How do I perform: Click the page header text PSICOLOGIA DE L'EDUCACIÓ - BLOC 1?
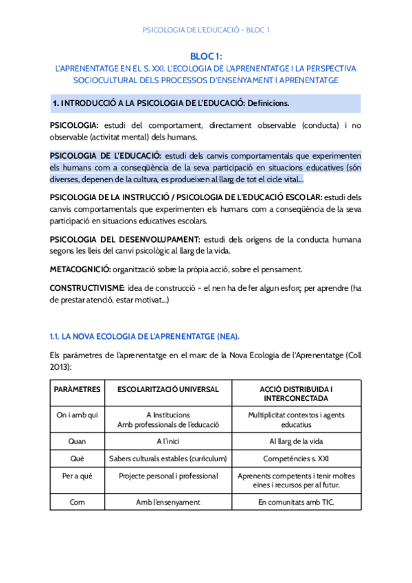[205, 30]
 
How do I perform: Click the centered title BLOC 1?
[205, 56]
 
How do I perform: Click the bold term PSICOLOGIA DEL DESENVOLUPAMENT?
[125, 239]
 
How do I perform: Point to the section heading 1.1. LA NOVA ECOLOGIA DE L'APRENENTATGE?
[144, 336]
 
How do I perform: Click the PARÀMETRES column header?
[78, 389]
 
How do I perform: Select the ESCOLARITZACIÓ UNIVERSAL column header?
[168, 389]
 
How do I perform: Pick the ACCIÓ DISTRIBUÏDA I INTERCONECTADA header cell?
[297, 393]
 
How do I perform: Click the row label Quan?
[78, 441]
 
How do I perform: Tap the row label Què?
[78, 459]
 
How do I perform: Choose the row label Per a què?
[78, 476]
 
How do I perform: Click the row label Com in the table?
[78, 503]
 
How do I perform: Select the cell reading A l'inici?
[168, 441]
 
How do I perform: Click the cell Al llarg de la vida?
[297, 441]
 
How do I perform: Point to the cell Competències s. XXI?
[297, 459]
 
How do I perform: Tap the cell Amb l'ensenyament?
[168, 503]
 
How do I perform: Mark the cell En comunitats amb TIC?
[297, 503]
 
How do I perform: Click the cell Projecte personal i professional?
[168, 476]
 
